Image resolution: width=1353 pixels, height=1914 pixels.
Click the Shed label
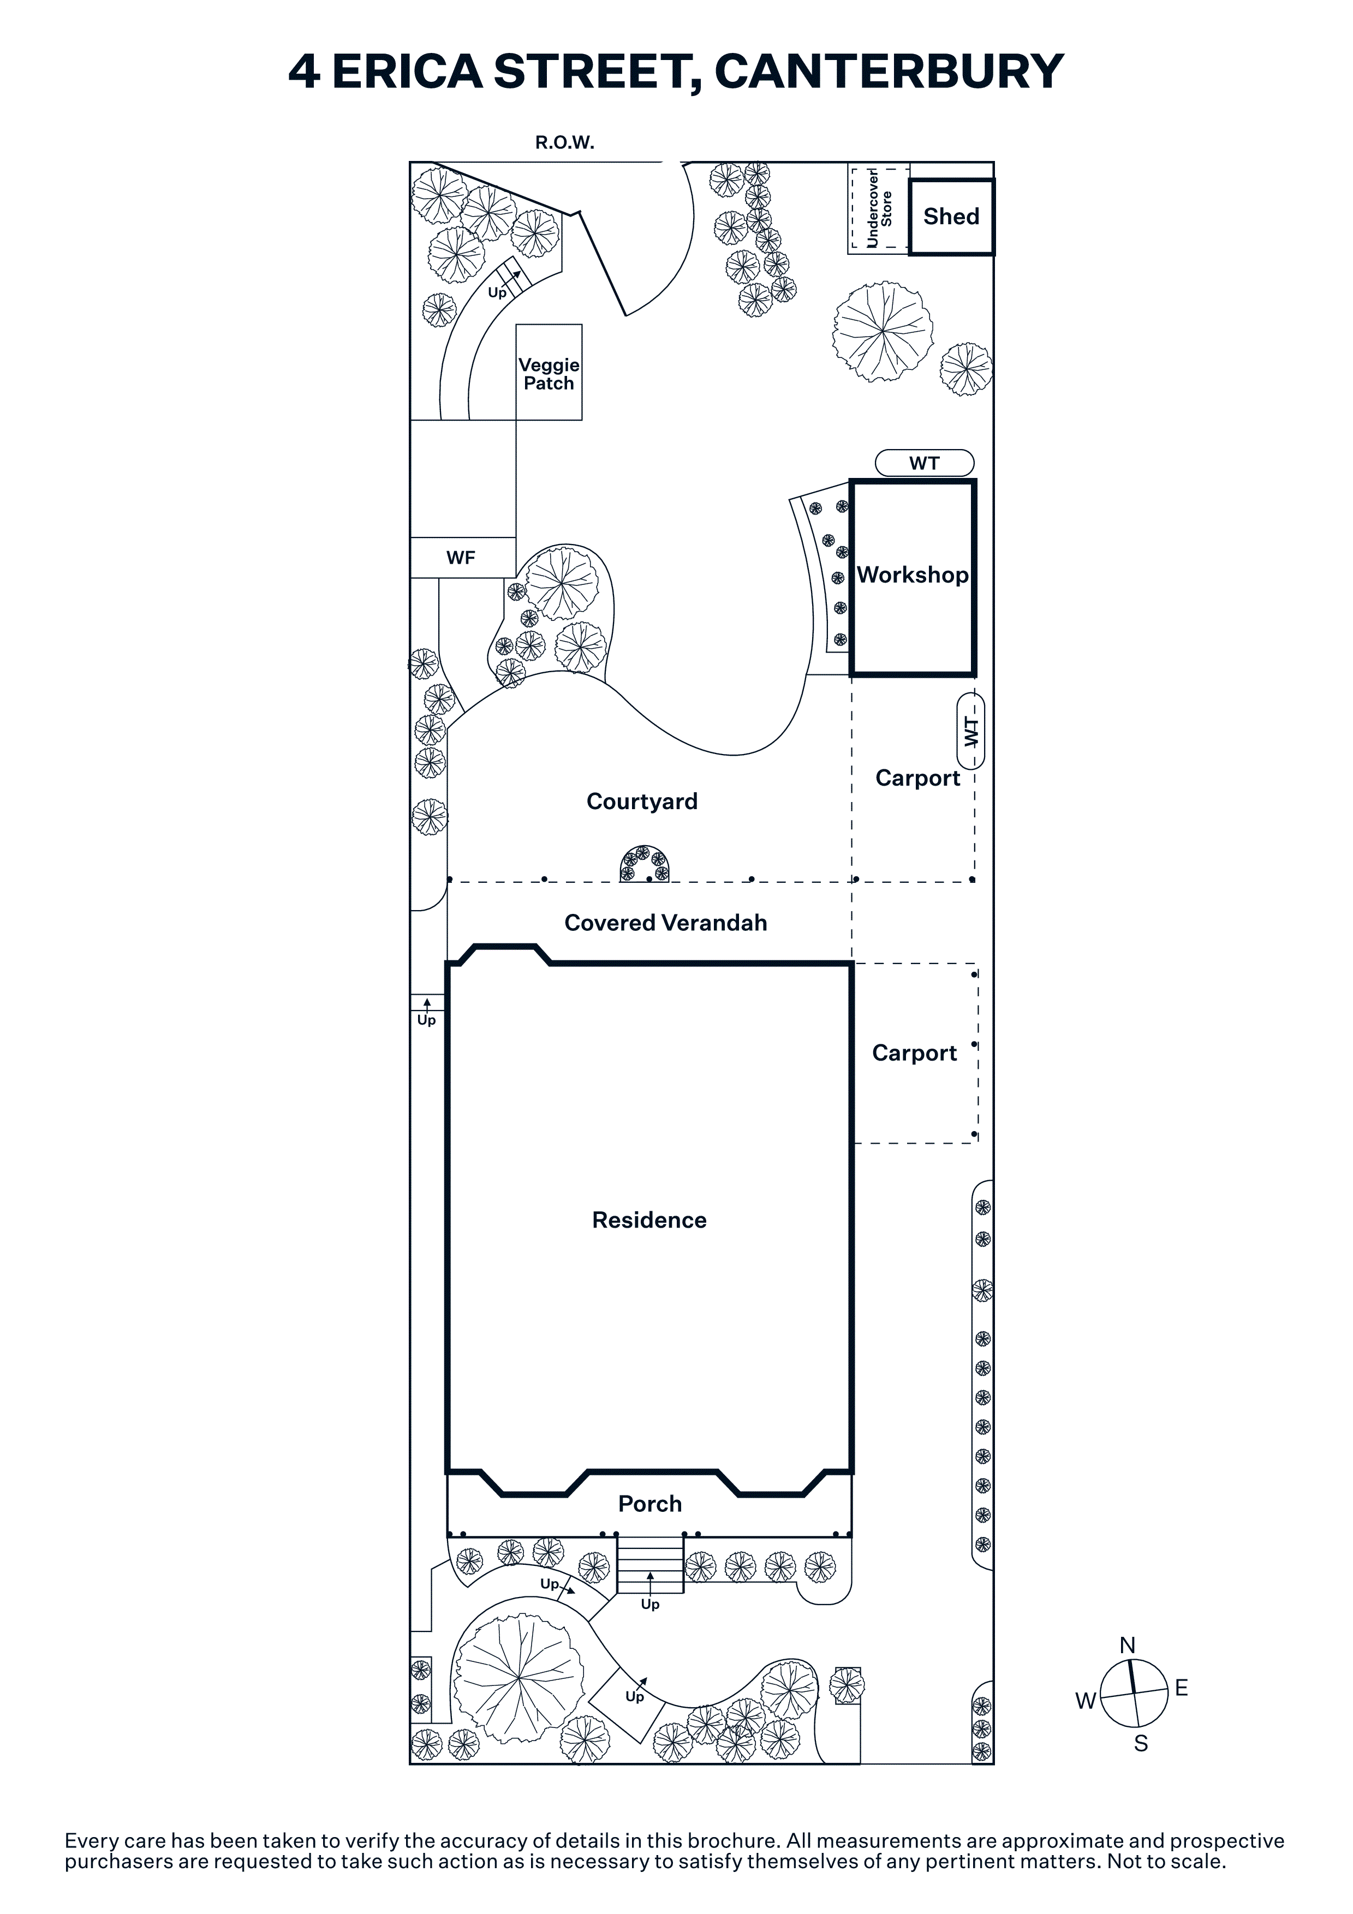coord(951,217)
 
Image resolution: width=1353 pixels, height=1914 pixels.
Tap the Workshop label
coord(913,575)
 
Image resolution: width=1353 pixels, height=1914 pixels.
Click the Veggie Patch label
coord(549,374)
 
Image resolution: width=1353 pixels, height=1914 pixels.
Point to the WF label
coord(461,558)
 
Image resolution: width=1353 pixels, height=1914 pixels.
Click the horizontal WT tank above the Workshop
coord(925,463)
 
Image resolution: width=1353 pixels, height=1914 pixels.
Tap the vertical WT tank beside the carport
coord(971,731)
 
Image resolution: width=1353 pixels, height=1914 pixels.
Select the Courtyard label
coord(642,802)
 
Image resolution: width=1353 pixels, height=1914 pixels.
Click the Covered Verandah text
coord(665,923)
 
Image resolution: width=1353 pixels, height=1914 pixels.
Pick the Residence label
coord(649,1221)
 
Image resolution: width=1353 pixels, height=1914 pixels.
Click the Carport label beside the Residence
coord(915,1054)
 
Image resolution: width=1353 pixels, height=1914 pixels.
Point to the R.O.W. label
coord(564,142)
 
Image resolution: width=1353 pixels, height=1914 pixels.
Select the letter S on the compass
coord(1141,1743)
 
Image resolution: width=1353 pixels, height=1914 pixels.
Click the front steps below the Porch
coord(650,1565)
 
